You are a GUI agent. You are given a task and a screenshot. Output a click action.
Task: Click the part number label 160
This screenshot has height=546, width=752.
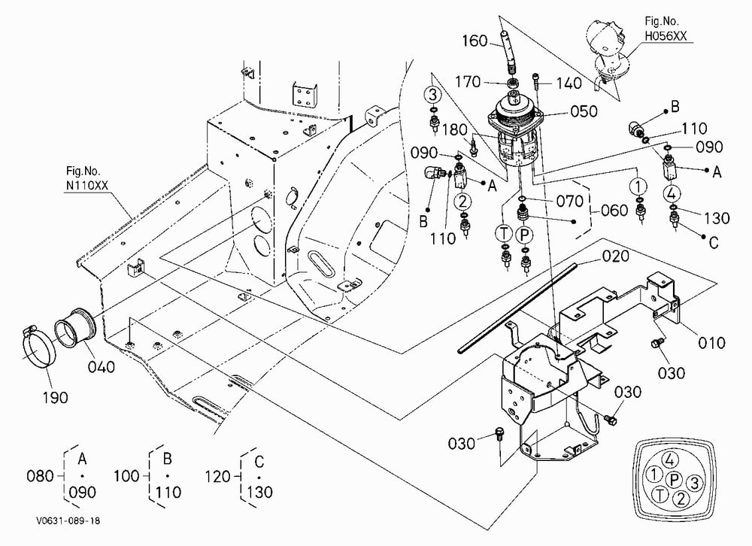coord(475,41)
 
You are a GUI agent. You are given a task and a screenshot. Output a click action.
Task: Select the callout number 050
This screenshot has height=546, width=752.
coord(584,111)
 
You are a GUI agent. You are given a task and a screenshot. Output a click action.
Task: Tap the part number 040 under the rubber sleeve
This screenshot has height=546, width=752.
coord(102,367)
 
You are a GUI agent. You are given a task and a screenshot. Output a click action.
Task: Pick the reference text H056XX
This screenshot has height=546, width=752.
coord(666,35)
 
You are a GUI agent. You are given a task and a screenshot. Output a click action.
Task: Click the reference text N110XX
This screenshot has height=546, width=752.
coord(86,185)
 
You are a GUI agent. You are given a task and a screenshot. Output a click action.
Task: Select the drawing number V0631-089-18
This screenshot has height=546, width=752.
coord(68,520)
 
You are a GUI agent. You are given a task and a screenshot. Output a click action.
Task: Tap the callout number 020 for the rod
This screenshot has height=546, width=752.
coord(615,256)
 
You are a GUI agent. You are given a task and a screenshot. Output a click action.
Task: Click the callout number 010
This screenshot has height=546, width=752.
coord(711,343)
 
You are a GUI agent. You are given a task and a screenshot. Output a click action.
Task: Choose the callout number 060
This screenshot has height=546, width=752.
coord(614,210)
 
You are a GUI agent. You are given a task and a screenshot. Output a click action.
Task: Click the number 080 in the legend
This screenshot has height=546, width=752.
coord(41,476)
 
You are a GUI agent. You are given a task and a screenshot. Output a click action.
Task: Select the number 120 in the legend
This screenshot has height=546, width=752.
coord(219,476)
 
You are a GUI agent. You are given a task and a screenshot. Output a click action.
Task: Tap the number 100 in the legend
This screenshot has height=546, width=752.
coord(127,476)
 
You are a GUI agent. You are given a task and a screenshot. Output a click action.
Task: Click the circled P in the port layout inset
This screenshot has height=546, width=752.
coord(675,479)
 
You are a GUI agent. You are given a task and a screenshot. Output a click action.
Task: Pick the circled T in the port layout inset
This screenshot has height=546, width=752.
coord(660,495)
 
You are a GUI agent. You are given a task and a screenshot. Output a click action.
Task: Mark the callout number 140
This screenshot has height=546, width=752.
coord(569,83)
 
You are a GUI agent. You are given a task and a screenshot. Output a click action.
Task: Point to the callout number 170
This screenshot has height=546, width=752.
coord(468,82)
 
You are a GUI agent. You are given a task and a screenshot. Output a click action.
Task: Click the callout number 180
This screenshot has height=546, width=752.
coord(455,130)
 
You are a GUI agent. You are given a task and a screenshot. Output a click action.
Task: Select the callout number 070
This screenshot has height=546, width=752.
coord(570,201)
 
